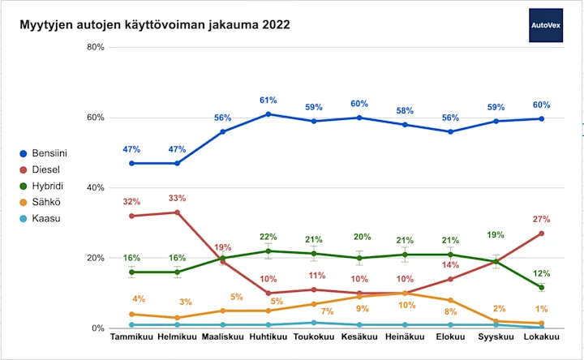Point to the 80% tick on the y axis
pos(95,47)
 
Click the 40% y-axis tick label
pos(95,187)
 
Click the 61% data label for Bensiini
pos(268,101)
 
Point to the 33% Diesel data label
pos(177,198)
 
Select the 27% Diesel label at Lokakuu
pos(542,219)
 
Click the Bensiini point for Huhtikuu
pos(268,114)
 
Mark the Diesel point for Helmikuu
pos(177,212)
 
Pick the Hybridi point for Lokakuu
pos(542,287)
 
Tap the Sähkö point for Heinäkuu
pos(405,294)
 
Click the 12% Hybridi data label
pos(542,272)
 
